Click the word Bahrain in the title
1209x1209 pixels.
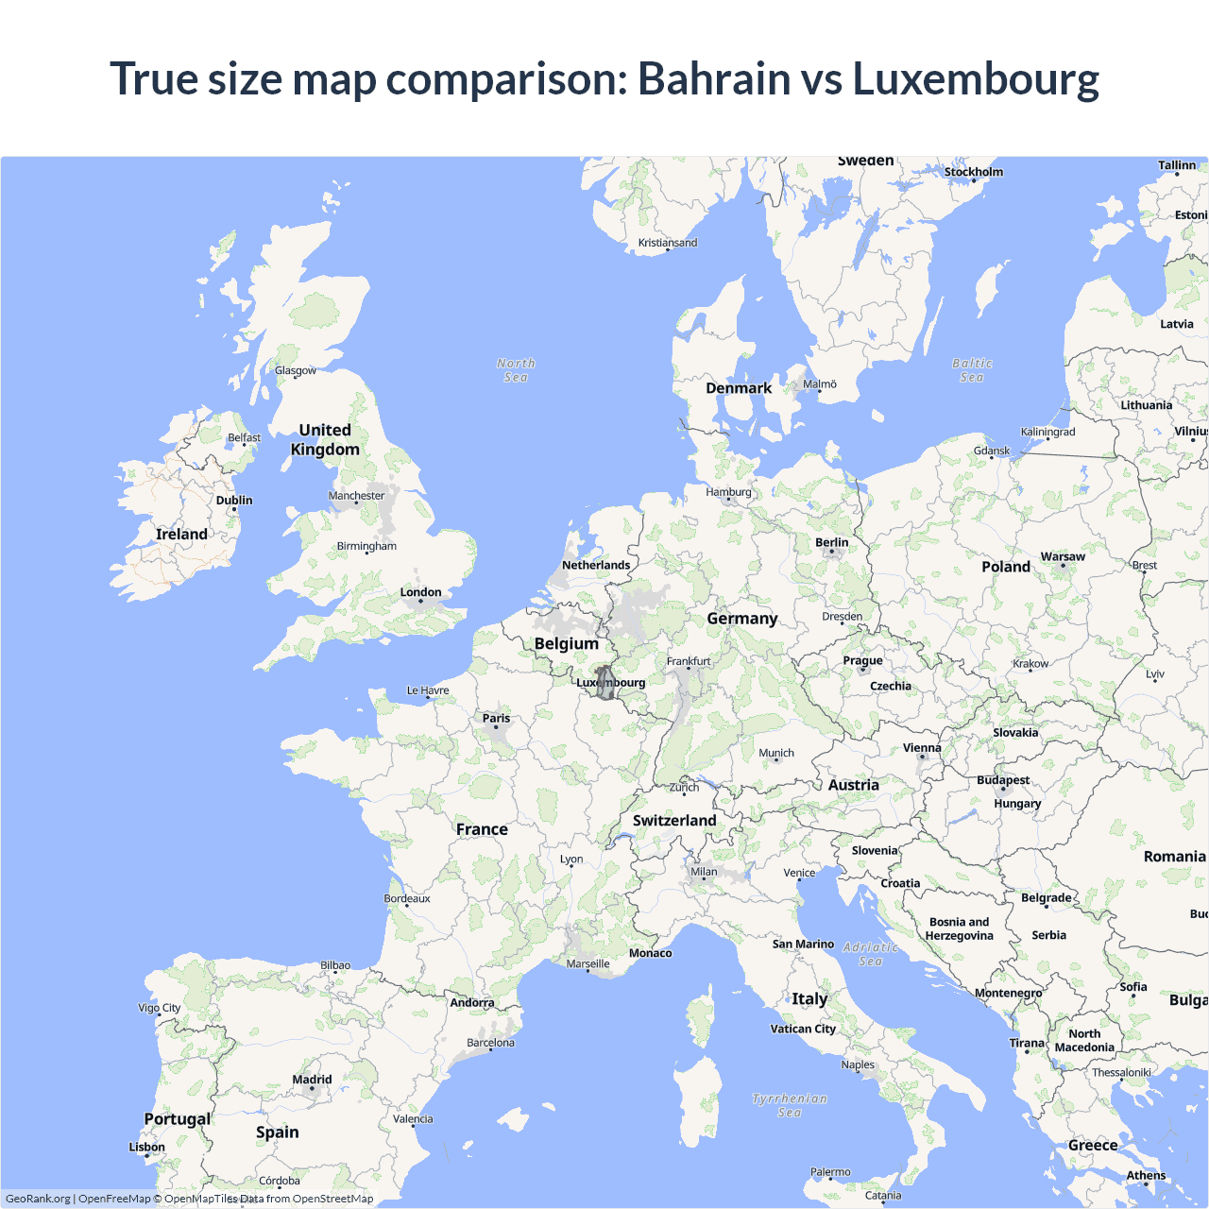coord(713,78)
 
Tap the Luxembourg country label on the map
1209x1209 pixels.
coord(611,683)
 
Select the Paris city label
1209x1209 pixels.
coord(496,718)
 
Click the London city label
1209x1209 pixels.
coord(420,592)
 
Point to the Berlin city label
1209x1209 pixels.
coord(831,542)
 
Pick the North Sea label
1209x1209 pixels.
coord(516,370)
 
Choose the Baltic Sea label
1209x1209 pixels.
coord(972,370)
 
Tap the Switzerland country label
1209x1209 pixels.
coord(674,820)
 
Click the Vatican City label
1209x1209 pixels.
coord(803,1029)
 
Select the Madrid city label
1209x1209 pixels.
coord(312,1080)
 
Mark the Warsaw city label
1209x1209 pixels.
coord(1063,556)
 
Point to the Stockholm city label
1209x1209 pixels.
coord(973,172)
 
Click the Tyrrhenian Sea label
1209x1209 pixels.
coord(790,1105)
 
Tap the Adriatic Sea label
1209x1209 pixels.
coord(871,954)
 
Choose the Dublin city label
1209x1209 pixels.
coord(234,500)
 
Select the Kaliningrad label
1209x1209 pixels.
coord(1047,432)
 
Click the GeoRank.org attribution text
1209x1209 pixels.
coord(38,1199)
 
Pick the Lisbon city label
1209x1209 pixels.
coord(146,1147)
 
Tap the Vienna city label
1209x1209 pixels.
coord(922,748)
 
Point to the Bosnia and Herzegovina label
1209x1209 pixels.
coord(959,928)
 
